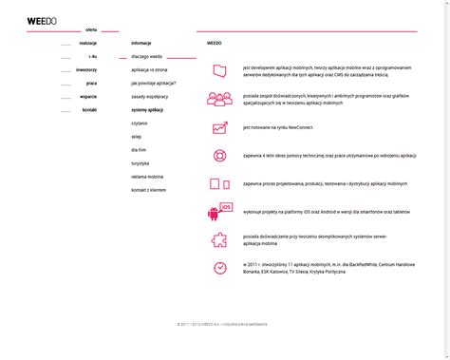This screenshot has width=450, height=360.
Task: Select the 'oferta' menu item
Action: (91, 30)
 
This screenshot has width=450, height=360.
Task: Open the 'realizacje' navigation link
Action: (88, 44)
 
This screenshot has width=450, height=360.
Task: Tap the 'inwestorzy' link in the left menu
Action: (87, 70)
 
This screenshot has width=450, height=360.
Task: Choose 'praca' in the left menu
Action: (91, 84)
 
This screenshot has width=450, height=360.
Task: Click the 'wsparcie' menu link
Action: (88, 97)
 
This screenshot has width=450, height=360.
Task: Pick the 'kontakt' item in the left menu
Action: (90, 110)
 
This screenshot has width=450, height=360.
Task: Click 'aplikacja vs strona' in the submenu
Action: (149, 70)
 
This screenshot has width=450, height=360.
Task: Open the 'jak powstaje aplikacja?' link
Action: (154, 84)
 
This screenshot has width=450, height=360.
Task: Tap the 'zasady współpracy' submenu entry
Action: (150, 97)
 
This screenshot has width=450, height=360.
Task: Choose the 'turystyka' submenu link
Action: (141, 163)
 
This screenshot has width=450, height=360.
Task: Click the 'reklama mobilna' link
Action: (147, 177)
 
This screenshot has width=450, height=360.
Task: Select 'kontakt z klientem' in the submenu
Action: (149, 190)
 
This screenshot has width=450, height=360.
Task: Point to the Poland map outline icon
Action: (219, 70)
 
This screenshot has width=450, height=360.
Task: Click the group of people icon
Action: (219, 98)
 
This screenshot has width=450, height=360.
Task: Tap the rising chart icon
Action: (219, 127)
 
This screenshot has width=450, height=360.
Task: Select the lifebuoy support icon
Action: (219, 156)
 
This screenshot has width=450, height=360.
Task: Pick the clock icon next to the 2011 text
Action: (219, 268)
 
